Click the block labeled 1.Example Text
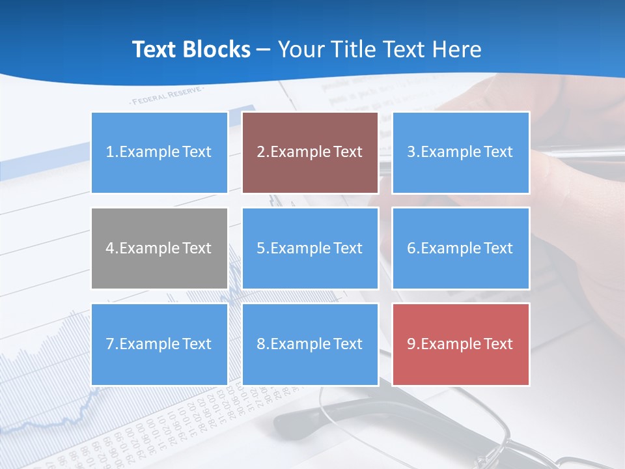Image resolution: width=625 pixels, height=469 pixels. pyautogui.click(x=160, y=152)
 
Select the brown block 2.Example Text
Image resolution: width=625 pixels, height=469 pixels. pyautogui.click(x=310, y=152)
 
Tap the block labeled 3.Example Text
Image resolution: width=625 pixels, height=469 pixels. pyautogui.click(x=460, y=152)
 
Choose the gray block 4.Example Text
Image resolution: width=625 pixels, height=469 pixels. pyautogui.click(x=160, y=248)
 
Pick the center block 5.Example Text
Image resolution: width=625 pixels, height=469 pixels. pyautogui.click(x=310, y=248)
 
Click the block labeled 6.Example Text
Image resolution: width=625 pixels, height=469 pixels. pyautogui.click(x=460, y=248)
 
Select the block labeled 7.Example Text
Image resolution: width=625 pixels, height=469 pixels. pyautogui.click(x=160, y=344)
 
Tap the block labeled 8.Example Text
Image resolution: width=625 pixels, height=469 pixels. pyautogui.click(x=310, y=344)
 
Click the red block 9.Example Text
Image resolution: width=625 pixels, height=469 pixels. pyautogui.click(x=460, y=344)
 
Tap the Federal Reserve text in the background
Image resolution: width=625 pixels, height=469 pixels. pyautogui.click(x=167, y=97)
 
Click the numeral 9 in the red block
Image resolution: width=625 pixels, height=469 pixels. pyautogui.click(x=411, y=344)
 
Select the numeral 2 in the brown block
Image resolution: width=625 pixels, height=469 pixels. pyautogui.click(x=260, y=152)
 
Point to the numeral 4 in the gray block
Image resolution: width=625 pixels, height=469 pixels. pyautogui.click(x=110, y=248)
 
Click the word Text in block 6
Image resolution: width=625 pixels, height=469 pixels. pyautogui.click(x=498, y=248)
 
